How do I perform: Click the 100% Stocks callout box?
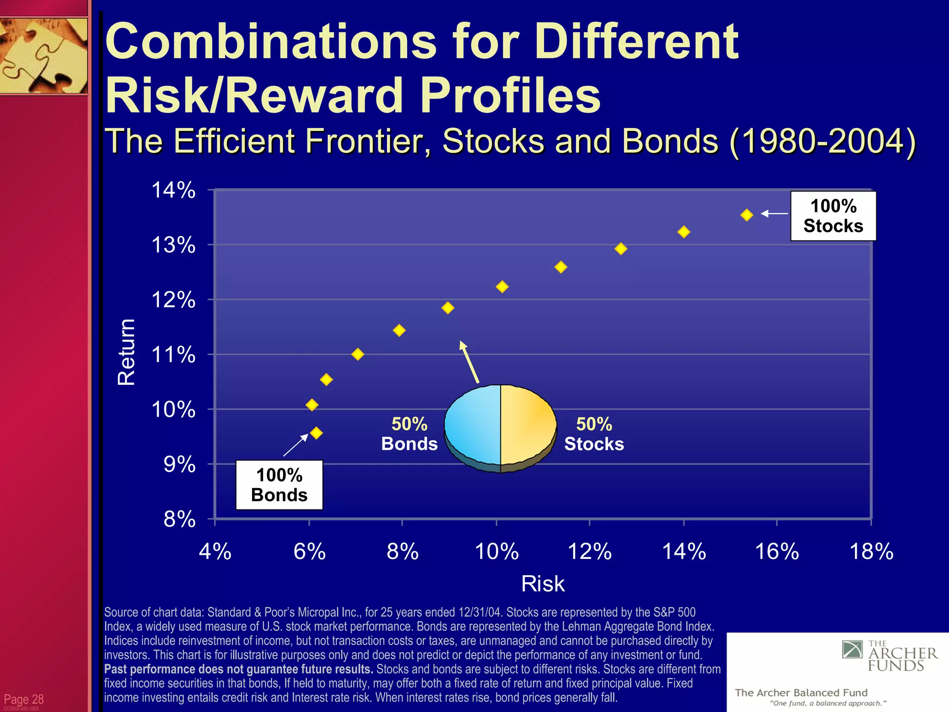(x=833, y=216)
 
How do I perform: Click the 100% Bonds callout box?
(x=279, y=485)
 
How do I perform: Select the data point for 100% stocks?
(x=747, y=215)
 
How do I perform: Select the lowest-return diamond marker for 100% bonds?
(x=316, y=433)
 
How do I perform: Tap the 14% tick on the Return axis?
(x=174, y=191)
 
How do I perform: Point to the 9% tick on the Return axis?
(x=180, y=464)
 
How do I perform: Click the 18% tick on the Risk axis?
(x=871, y=552)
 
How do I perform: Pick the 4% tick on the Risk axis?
(x=215, y=552)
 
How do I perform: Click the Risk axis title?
(x=543, y=584)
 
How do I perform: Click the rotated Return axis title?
(x=126, y=352)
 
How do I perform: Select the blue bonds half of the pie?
(x=473, y=424)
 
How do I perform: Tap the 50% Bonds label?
(x=409, y=434)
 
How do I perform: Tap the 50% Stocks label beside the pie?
(x=594, y=434)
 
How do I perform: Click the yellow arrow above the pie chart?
(x=469, y=362)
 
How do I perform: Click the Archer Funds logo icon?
(x=852, y=649)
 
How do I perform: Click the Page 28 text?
(x=24, y=699)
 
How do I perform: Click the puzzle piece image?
(x=44, y=56)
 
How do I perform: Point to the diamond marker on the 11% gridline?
(x=357, y=355)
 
